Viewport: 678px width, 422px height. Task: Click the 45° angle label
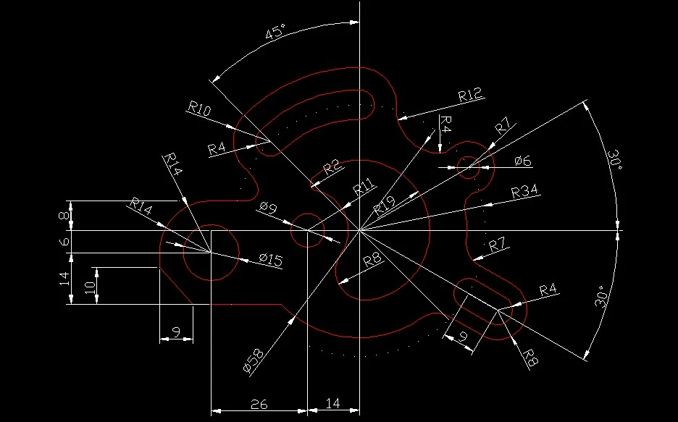275,33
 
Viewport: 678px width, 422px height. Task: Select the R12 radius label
470,95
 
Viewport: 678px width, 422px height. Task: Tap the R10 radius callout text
199,109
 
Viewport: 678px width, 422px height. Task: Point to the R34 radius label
524,191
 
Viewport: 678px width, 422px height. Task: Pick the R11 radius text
364,188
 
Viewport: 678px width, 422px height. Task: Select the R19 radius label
384,206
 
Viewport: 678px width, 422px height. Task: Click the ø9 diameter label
269,208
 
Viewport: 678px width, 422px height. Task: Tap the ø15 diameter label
271,260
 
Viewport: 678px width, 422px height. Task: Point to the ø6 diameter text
523,161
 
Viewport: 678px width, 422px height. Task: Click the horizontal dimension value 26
259,405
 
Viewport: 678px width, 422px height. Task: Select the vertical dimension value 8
64,215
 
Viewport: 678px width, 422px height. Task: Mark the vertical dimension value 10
90,287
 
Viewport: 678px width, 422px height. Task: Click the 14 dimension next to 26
332,403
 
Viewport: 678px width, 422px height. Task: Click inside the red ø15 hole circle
212,253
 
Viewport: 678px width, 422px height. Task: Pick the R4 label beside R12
445,125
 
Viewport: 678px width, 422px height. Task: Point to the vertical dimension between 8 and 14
64,241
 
